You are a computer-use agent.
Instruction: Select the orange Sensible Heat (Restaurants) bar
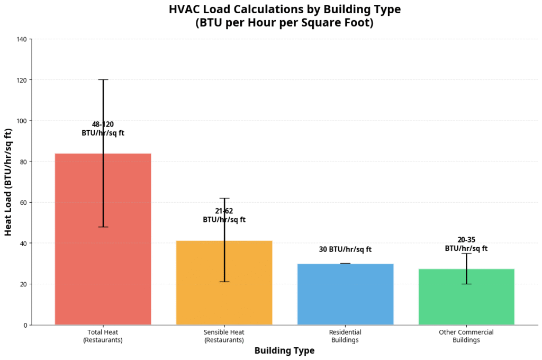[x=201, y=286]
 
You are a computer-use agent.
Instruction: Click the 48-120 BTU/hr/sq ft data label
[x=103, y=129]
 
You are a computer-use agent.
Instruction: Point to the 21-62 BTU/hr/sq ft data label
[x=224, y=215]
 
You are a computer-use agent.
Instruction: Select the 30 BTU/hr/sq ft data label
[x=345, y=249]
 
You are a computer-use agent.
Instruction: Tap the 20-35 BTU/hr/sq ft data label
[x=466, y=244]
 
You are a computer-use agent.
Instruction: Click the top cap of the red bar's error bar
[x=103, y=79]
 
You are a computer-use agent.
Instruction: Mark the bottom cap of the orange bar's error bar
[x=224, y=282]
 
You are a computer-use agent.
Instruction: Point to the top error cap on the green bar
[x=466, y=254]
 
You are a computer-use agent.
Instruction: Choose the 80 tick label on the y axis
[x=23, y=161]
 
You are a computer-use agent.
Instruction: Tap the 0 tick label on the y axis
[x=25, y=325]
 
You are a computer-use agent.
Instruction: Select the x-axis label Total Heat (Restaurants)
[x=103, y=336]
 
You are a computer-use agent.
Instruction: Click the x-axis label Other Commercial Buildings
[x=466, y=336]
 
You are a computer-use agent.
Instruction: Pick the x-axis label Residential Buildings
[x=345, y=336]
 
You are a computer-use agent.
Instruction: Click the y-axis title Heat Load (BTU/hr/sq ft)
[x=8, y=182]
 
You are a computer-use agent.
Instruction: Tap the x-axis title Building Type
[x=284, y=350]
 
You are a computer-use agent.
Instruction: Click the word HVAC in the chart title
[x=184, y=10]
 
